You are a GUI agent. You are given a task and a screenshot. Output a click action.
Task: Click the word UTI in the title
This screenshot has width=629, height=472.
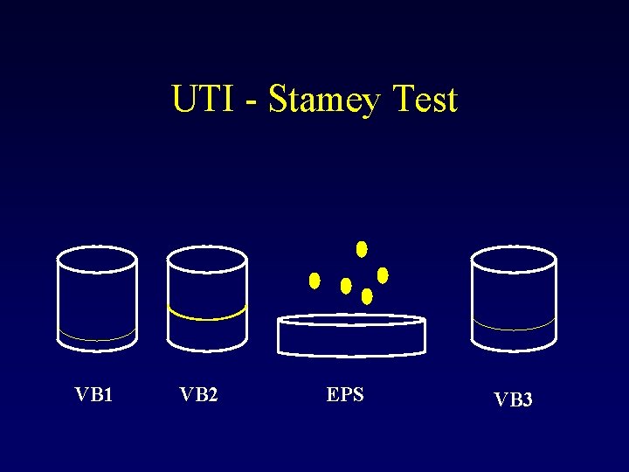pos(202,100)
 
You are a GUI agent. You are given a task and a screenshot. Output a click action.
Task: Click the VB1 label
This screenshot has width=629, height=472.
pos(94,394)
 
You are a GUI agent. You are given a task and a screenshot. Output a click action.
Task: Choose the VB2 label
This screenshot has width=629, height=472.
pos(198,394)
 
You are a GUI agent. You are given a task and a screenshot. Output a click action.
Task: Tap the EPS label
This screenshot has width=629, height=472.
pos(345,394)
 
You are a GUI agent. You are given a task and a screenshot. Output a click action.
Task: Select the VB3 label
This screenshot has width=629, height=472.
pos(513,399)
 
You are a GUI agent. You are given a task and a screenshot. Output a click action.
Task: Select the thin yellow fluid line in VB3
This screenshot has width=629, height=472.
pos(513,329)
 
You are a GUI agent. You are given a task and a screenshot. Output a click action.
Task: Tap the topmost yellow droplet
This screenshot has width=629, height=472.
pos(362,249)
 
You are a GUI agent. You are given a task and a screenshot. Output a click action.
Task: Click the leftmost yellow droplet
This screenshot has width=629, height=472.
pos(314,281)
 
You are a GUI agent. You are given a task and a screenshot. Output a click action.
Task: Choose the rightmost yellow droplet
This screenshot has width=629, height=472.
pos(383,275)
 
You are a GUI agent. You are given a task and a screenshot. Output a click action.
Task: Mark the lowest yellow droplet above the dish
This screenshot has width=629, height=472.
pos(367,296)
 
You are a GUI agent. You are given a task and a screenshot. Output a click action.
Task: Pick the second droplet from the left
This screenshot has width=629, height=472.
pos(346,286)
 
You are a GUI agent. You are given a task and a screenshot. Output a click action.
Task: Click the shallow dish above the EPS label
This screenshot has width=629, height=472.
pos(350,336)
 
